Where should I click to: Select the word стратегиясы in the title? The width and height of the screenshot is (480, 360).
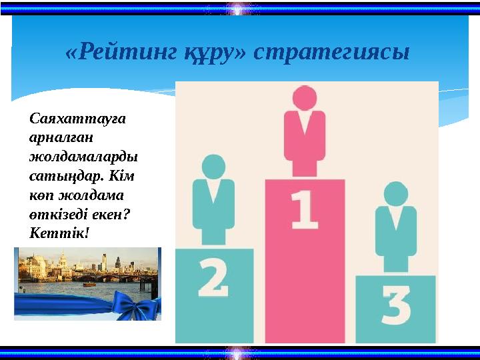pos(331,53)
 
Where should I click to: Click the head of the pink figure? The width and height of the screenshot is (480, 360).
pos(305,99)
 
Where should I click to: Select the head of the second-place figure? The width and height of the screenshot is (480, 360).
pos(213,167)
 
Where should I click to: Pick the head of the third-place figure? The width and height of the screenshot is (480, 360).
pos(395,194)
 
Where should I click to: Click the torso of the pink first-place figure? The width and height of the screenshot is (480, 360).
pos(305,143)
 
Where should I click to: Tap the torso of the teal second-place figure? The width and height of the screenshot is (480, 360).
pos(213,210)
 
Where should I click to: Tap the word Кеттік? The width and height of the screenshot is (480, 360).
pos(59,235)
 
